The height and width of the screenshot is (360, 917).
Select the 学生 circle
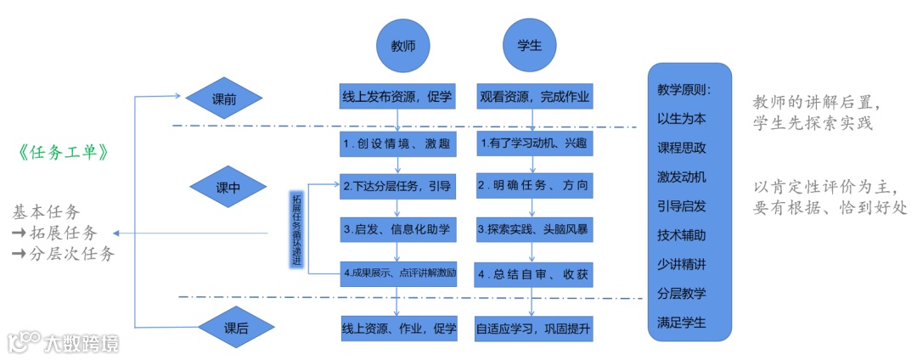pyautogui.click(x=530, y=46)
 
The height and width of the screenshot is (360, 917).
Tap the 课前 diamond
pyautogui.click(x=224, y=98)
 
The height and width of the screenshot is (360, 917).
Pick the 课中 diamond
pyautogui.click(x=228, y=187)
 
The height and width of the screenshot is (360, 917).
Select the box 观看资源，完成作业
pyautogui.click(x=534, y=96)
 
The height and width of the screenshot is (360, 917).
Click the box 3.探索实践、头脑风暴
pyautogui.click(x=534, y=228)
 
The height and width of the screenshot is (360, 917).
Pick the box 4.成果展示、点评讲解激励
pyautogui.click(x=398, y=274)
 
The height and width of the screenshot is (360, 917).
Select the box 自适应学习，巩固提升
pyautogui.click(x=534, y=328)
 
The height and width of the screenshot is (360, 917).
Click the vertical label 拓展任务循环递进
pyautogui.click(x=296, y=230)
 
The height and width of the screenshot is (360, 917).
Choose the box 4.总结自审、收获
pyautogui.click(x=534, y=274)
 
